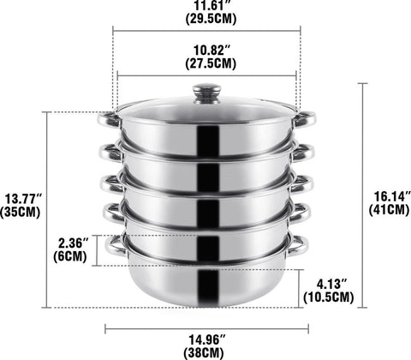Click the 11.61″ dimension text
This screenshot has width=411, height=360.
tap(205, 6)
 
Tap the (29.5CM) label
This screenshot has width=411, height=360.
tap(205, 20)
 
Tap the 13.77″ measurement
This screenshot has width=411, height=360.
tap(23, 197)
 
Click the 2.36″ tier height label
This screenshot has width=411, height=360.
tap(71, 243)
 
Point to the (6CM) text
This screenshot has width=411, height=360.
tap(71, 256)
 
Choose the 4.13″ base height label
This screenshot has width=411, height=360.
tap(329, 282)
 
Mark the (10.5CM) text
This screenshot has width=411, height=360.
tap(329, 297)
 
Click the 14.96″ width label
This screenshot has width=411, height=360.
tap(205, 338)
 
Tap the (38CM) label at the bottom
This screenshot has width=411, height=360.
tap(205, 351)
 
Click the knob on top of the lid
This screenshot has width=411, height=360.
tap(205, 90)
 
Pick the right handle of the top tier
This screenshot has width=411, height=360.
tap(305, 120)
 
